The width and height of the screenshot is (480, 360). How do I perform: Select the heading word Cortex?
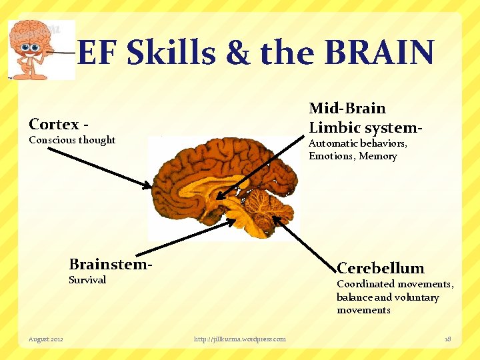[x=54, y=124]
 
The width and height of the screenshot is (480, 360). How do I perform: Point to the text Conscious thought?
[x=72, y=140]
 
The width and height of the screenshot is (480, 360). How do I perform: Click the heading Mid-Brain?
[x=347, y=108]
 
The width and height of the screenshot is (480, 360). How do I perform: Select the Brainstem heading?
[x=109, y=263]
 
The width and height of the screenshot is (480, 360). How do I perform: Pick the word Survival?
[x=87, y=280]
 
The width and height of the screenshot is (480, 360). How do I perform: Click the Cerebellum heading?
[x=381, y=268]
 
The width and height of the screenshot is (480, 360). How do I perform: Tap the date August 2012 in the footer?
[x=46, y=339]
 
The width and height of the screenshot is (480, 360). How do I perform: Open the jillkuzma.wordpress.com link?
[x=239, y=339]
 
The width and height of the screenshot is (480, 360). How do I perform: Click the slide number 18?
[x=447, y=339]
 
